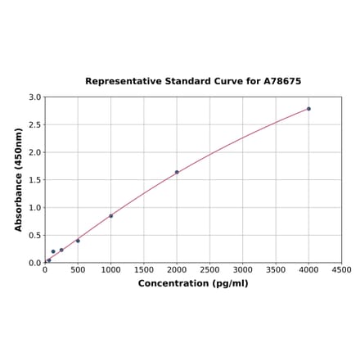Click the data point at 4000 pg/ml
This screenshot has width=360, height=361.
pos(308,109)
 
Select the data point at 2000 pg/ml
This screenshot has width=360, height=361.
pos(177,172)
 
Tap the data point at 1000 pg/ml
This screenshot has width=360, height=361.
pos(111,216)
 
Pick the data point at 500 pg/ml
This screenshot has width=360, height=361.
pos(78,241)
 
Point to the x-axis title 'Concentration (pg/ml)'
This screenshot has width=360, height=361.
pos(193,283)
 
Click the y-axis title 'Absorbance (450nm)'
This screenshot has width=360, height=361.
pos(19,179)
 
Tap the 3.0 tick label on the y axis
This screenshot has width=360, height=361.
pos(35,97)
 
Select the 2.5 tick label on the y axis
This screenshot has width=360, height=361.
pos(35,125)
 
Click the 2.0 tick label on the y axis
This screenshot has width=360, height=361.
pos(35,152)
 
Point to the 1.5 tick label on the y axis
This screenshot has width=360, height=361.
pos(35,180)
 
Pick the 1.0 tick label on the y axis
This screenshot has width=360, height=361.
pos(35,208)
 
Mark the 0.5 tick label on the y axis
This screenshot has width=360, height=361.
pos(35,236)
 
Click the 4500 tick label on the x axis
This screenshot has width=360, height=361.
pos(341,269)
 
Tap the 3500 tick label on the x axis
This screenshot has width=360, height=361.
pos(276,269)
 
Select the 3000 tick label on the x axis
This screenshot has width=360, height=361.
pos(243,269)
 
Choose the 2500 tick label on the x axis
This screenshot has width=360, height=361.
pos(209,269)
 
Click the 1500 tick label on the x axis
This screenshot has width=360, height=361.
pos(144,269)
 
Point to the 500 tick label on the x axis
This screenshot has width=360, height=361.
pos(78,269)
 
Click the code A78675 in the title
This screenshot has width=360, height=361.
pos(281,82)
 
